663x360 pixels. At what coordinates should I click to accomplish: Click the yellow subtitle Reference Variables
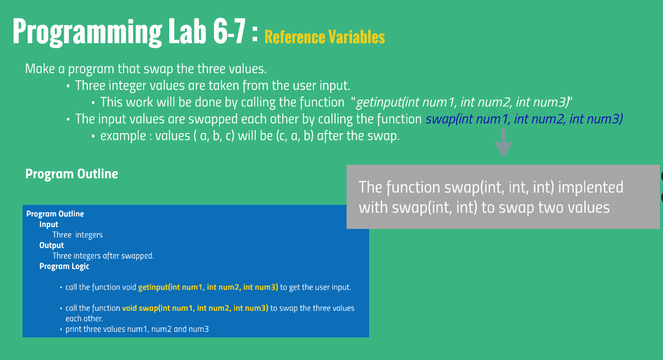point(324,37)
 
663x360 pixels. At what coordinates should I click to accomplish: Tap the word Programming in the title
point(87,32)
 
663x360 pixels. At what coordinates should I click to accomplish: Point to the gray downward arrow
point(503,142)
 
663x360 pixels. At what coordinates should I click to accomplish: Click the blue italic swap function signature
point(524,119)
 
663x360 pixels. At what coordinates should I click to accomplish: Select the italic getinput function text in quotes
point(463,102)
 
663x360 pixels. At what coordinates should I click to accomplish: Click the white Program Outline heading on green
point(72,174)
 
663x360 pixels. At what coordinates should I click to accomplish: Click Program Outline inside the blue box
point(55,214)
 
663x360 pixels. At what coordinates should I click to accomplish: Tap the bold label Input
point(49,224)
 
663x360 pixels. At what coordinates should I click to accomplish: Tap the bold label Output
point(52,245)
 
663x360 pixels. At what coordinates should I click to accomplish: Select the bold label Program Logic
point(64,266)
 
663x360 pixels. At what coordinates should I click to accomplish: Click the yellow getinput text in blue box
point(208,287)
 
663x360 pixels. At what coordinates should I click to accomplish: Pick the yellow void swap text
point(195,308)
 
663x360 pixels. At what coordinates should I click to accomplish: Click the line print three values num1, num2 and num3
point(137,329)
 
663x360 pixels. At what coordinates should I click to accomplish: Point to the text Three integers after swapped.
point(103,256)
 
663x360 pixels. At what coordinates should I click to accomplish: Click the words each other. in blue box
point(84,319)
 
